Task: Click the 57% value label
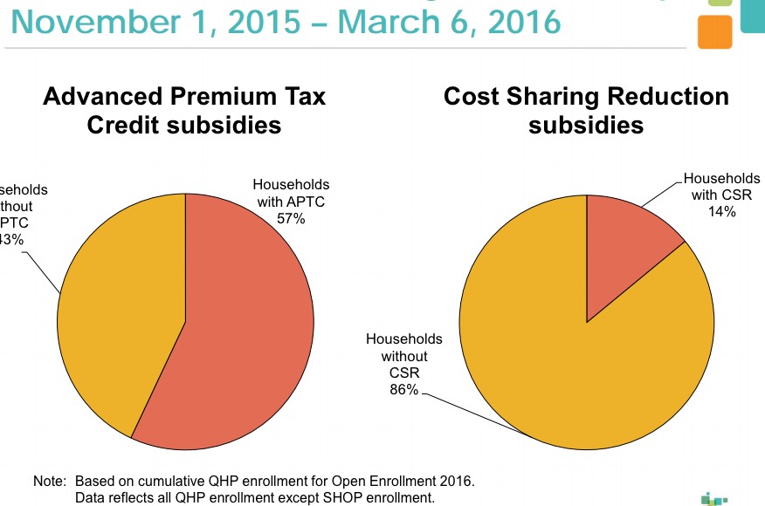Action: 291,219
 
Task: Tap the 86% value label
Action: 403,390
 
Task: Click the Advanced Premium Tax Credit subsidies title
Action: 184,110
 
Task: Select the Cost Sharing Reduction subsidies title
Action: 586,110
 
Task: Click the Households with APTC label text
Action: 291,193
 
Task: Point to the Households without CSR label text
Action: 403,356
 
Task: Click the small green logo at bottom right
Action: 714,498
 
